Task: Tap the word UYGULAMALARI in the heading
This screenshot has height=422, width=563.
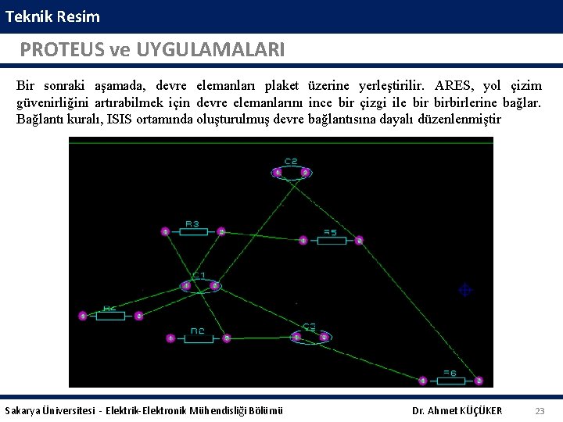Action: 210,50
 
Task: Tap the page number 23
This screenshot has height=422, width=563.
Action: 540,411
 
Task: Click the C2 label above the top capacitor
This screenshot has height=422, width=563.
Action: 291,162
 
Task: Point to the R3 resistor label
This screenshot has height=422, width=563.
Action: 192,224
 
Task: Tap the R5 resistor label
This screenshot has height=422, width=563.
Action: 330,232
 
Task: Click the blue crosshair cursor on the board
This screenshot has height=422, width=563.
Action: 464,290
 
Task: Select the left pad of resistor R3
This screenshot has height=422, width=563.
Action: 165,231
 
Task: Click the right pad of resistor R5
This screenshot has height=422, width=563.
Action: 359,240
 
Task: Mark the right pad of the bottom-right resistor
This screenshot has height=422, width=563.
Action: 479,381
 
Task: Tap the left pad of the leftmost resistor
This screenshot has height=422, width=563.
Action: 82,316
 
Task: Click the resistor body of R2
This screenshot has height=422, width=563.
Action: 198,338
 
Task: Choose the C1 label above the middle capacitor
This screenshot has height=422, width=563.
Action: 199,276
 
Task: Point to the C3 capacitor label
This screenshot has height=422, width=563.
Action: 310,327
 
